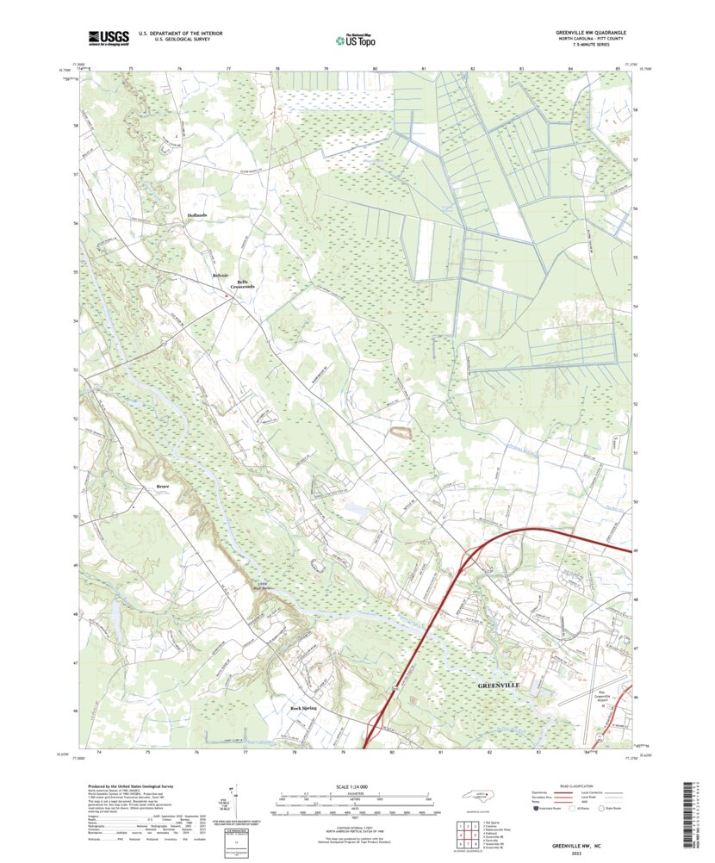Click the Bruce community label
tap(163, 487)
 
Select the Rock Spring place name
tap(303, 707)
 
